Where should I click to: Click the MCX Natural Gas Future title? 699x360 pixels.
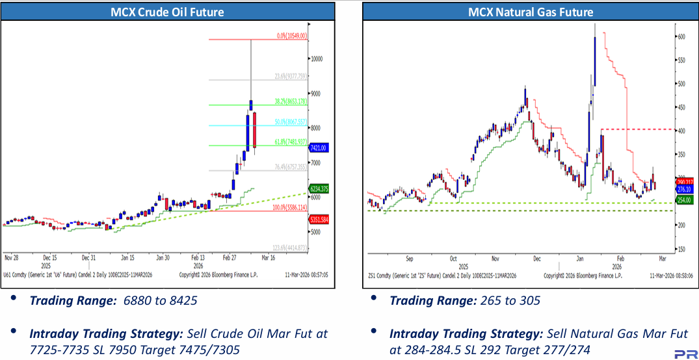pyautogui.click(x=530, y=11)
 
